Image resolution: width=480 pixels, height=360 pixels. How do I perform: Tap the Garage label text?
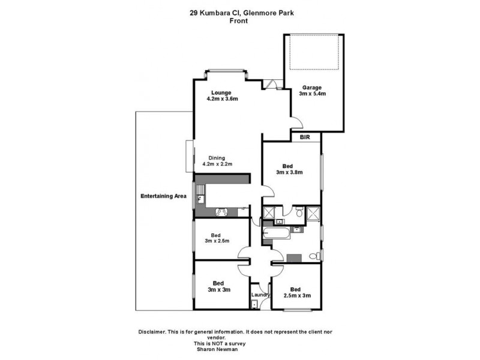tap(312, 87)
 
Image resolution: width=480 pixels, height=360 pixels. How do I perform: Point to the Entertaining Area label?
tap(163, 196)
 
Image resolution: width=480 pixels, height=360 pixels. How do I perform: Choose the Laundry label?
tap(260, 295)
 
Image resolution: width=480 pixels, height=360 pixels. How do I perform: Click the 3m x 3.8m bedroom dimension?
tap(289, 172)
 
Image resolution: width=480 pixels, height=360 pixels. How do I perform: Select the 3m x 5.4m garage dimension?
tap(312, 94)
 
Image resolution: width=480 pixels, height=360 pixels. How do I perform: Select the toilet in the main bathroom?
tap(312, 256)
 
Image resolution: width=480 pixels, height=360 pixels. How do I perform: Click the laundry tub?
tap(254, 304)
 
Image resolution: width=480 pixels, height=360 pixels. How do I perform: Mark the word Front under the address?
tap(239, 20)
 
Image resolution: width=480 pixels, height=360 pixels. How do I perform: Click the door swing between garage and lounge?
tap(296, 124)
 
